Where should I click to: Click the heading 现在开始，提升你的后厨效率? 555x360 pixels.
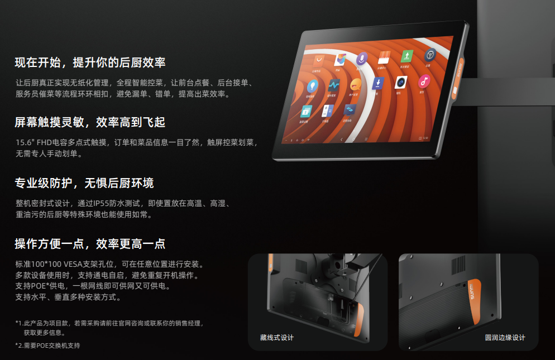click(90, 63)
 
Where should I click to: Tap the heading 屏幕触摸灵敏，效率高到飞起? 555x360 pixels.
click(90, 122)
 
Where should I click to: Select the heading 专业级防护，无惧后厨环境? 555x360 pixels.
click(84, 183)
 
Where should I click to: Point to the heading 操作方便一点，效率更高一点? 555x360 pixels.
click(90, 244)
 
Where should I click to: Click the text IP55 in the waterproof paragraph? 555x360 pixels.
click(105, 204)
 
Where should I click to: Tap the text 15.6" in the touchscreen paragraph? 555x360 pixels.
click(25, 143)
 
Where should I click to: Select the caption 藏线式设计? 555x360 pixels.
click(276, 338)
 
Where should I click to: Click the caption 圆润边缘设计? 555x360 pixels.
click(505, 338)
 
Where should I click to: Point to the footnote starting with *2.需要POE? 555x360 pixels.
click(47, 345)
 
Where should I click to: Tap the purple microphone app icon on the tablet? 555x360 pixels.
click(362, 58)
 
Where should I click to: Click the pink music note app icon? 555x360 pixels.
click(424, 83)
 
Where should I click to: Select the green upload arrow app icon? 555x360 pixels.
click(407, 56)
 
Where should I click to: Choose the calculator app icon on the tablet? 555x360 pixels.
click(328, 111)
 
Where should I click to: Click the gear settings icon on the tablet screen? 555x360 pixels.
click(430, 55)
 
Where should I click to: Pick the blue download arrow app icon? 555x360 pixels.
click(378, 84)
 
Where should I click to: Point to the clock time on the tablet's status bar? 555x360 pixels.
click(425, 137)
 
